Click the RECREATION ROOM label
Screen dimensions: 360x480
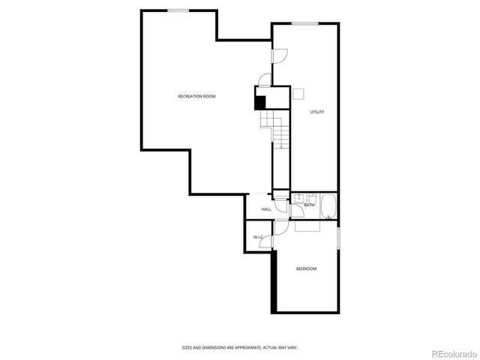click(197, 97)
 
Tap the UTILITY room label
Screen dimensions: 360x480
click(317, 112)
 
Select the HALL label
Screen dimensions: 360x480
click(266, 209)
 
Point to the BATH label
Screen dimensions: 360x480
click(309, 205)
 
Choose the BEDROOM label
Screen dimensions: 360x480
click(306, 268)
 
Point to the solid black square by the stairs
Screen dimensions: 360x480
click(260, 103)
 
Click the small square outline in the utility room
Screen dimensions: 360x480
click(298, 94)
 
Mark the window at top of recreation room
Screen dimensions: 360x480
click(178, 10)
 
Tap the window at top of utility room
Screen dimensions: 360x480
click(303, 23)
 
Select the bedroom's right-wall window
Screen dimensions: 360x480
click(338, 238)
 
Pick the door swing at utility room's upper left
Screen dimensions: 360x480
click(279, 55)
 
